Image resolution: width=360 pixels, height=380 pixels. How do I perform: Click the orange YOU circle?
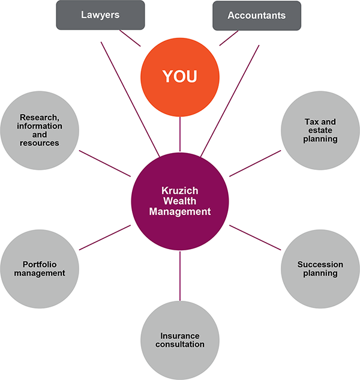point(180,77)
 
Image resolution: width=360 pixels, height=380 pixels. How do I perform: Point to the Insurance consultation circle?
point(180,339)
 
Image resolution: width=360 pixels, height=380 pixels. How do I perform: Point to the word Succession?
point(320,264)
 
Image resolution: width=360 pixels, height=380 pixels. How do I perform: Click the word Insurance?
point(180,335)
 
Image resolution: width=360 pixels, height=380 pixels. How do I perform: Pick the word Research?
point(40,117)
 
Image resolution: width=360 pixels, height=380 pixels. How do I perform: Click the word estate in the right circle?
point(320,130)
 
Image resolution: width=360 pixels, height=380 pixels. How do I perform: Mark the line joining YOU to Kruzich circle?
point(180,133)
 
